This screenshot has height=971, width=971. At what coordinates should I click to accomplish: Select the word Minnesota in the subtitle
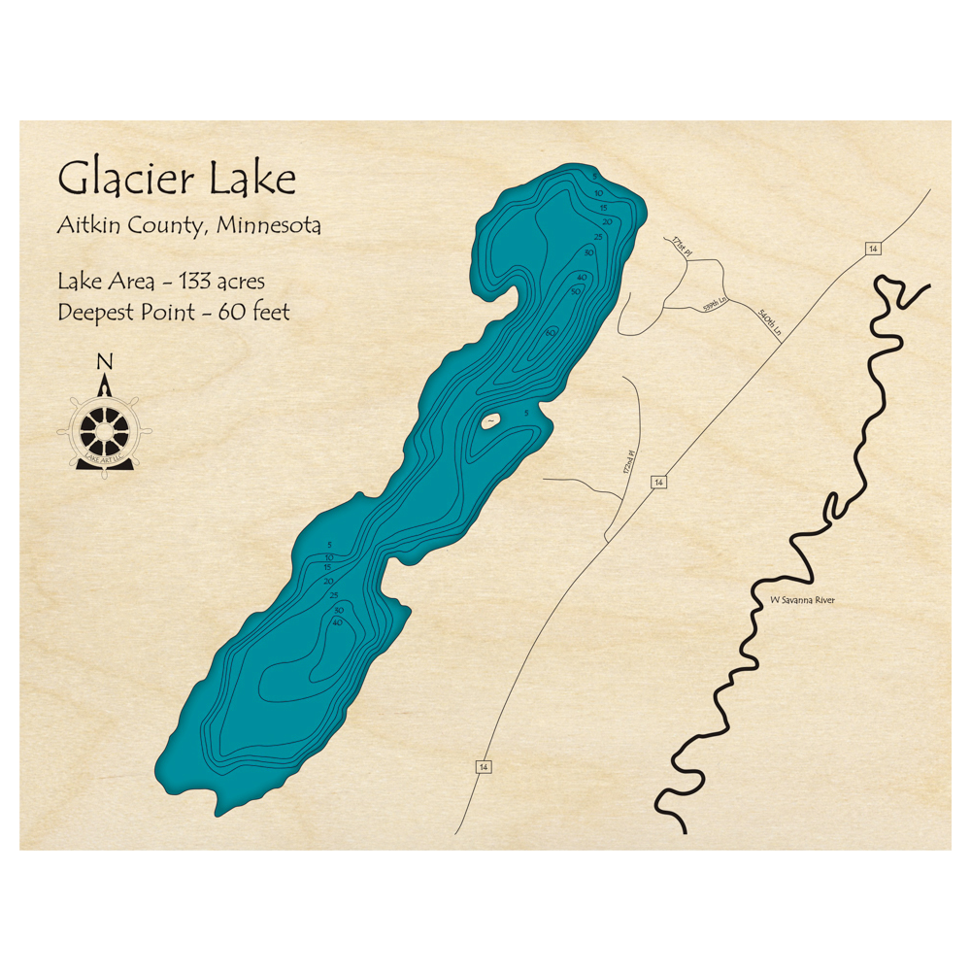click(269, 226)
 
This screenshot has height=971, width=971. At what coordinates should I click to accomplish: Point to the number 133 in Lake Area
click(187, 283)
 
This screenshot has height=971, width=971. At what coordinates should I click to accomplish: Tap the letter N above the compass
click(105, 363)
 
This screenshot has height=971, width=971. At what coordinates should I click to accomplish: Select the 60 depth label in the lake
click(551, 333)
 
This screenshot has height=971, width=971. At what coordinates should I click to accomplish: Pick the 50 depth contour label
click(576, 291)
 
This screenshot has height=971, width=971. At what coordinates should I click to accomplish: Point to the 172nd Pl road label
click(628, 461)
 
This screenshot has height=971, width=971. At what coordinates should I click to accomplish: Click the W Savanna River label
click(802, 600)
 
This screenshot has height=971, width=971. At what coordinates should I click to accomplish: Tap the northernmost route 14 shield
click(873, 250)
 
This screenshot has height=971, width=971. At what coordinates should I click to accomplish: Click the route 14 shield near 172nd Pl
click(659, 483)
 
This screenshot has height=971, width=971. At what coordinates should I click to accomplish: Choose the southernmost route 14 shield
click(483, 767)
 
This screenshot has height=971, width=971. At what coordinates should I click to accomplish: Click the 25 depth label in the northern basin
click(598, 237)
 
